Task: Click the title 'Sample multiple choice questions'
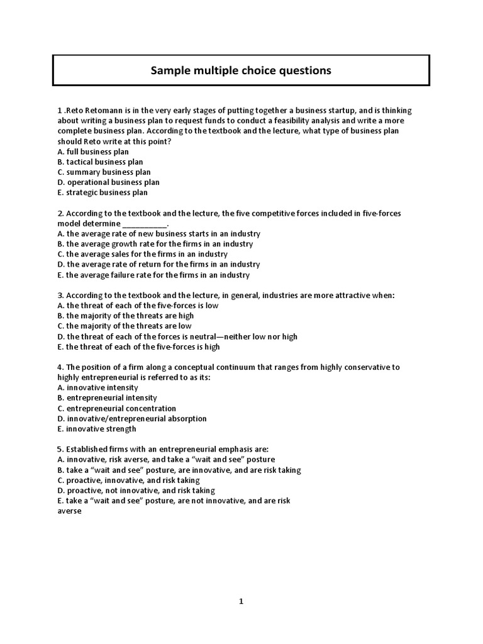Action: (241, 70)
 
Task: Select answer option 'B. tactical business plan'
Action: (100, 162)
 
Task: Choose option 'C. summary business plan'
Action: (104, 172)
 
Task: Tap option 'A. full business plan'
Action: (93, 152)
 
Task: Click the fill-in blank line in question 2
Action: (145, 224)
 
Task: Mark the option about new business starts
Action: (158, 233)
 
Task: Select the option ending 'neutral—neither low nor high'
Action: (177, 336)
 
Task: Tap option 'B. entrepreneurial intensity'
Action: (107, 397)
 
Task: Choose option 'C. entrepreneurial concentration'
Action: (116, 408)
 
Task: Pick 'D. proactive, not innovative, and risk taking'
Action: (136, 490)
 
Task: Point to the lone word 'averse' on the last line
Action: (69, 511)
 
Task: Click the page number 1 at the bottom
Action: (241, 601)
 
